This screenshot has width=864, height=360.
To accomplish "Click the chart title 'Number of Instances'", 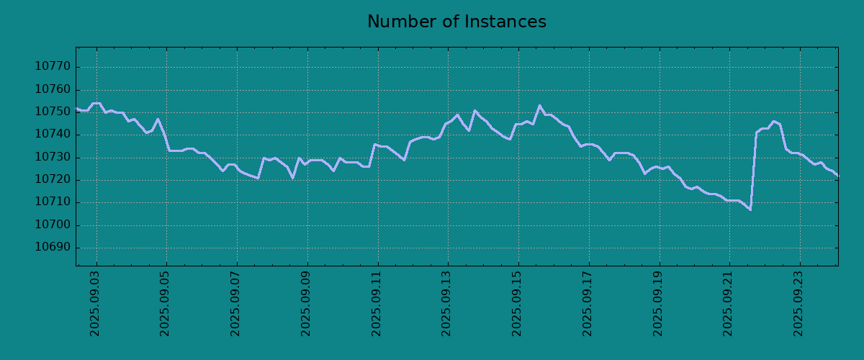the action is click(456, 22).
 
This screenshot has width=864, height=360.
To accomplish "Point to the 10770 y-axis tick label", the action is click(53, 67).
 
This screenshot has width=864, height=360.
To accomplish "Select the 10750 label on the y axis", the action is click(53, 112).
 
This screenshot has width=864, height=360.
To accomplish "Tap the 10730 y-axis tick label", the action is click(53, 158).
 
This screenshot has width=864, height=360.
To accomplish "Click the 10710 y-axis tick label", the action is click(53, 202).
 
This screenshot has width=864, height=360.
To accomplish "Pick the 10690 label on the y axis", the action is click(53, 248).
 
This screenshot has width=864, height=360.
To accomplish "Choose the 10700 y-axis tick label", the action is click(53, 225).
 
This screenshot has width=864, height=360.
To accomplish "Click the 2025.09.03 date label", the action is click(94, 304).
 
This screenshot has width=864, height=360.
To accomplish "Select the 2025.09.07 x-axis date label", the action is click(235, 304).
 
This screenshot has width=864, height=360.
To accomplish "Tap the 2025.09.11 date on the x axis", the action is click(376, 304).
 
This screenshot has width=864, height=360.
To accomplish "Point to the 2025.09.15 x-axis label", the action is click(516, 304).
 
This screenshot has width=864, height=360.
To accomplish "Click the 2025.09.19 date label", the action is click(657, 304).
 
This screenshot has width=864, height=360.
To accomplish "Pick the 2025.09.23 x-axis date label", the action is click(798, 304).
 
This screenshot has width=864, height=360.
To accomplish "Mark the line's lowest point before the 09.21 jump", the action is click(750, 210).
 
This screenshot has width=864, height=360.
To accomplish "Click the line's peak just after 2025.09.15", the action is click(539, 105).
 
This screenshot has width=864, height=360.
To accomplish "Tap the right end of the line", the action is click(838, 176).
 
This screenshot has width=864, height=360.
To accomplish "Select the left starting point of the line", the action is click(76, 109).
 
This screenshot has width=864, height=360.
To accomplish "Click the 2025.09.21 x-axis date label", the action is click(727, 304).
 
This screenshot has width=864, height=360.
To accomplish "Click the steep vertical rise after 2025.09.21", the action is click(753, 171).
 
